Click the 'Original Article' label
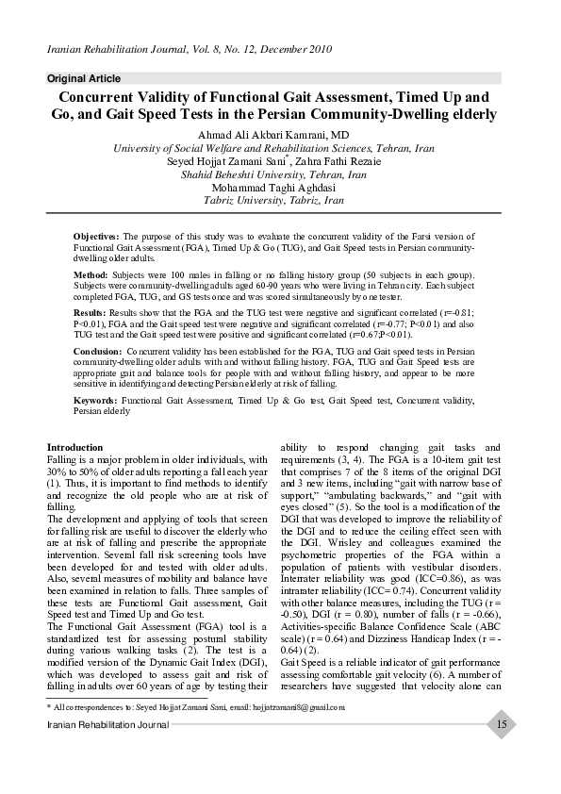pyautogui.click(x=84, y=78)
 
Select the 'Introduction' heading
pyautogui.click(x=75, y=447)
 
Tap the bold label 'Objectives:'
pyautogui.click(x=96, y=236)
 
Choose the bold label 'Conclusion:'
pyautogui.click(x=98, y=350)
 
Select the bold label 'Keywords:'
pyautogui.click(x=95, y=401)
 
